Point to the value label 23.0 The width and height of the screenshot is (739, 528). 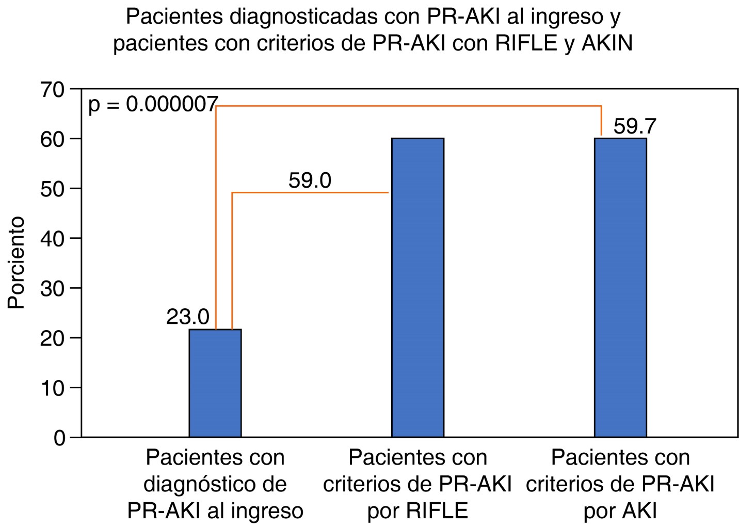[187, 317]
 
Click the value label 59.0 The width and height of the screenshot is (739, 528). [310, 180]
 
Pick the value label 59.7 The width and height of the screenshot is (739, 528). [635, 126]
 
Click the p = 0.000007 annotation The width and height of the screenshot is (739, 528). [153, 105]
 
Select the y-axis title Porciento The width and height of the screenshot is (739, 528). [17, 263]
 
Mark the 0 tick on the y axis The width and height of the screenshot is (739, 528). [59, 438]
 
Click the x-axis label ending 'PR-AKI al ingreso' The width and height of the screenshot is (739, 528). [215, 484]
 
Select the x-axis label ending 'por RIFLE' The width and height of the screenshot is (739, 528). [417, 484]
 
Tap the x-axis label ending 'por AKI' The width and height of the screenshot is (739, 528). [620, 484]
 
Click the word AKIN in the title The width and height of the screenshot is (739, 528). [607, 44]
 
